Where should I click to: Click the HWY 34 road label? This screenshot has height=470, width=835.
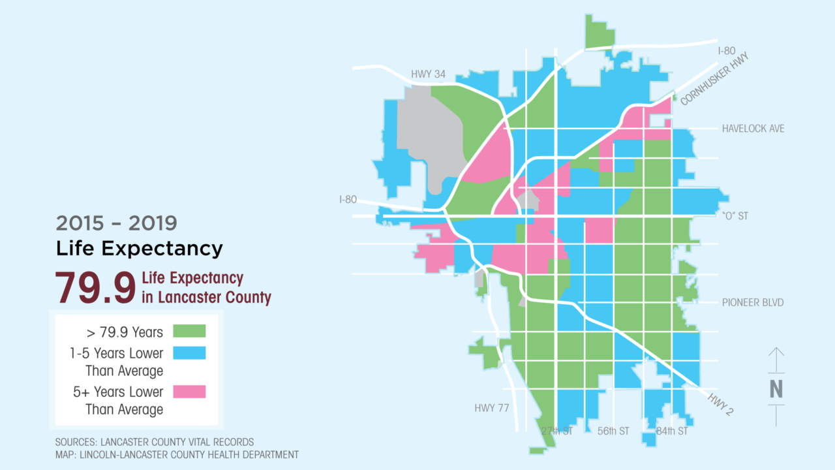click(x=428, y=74)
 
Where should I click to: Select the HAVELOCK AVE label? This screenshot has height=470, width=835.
click(x=753, y=129)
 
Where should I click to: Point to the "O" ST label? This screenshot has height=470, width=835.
click(x=735, y=215)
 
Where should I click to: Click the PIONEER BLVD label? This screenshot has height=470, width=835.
click(x=752, y=302)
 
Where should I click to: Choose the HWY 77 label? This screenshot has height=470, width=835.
click(x=491, y=409)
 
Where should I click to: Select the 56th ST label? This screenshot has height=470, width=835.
click(x=614, y=431)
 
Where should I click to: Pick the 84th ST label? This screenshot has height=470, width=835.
click(x=672, y=431)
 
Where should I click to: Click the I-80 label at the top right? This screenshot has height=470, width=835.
click(x=727, y=51)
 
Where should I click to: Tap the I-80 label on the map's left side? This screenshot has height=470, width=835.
click(x=348, y=199)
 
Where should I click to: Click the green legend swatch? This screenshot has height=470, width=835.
click(x=189, y=331)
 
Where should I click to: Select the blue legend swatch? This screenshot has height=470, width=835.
click(x=189, y=352)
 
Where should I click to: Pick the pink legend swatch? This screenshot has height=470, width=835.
click(x=189, y=391)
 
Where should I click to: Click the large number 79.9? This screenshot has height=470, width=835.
click(x=95, y=288)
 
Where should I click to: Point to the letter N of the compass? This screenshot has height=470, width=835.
click(x=776, y=388)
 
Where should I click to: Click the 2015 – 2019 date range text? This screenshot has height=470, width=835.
click(x=116, y=223)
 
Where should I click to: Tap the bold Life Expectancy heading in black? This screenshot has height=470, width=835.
click(x=139, y=249)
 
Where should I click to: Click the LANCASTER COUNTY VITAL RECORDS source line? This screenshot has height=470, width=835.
click(x=155, y=442)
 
